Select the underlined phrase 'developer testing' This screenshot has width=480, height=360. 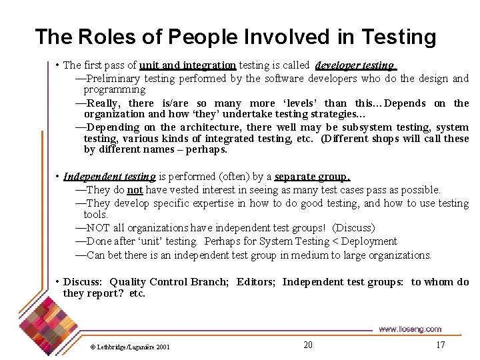[x=355, y=65]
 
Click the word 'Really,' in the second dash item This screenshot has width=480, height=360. [x=103, y=103]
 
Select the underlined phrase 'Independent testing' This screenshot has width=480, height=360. [x=109, y=177]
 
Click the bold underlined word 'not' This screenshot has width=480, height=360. [x=135, y=190]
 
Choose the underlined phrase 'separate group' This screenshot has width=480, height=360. [x=311, y=177]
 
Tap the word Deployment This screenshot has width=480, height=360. [x=368, y=241]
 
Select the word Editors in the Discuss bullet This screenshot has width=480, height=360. [x=255, y=282]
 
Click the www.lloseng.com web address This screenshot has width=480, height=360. [x=409, y=329]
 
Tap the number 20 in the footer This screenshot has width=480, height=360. [x=307, y=345]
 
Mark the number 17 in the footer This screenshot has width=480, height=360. [x=440, y=345]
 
